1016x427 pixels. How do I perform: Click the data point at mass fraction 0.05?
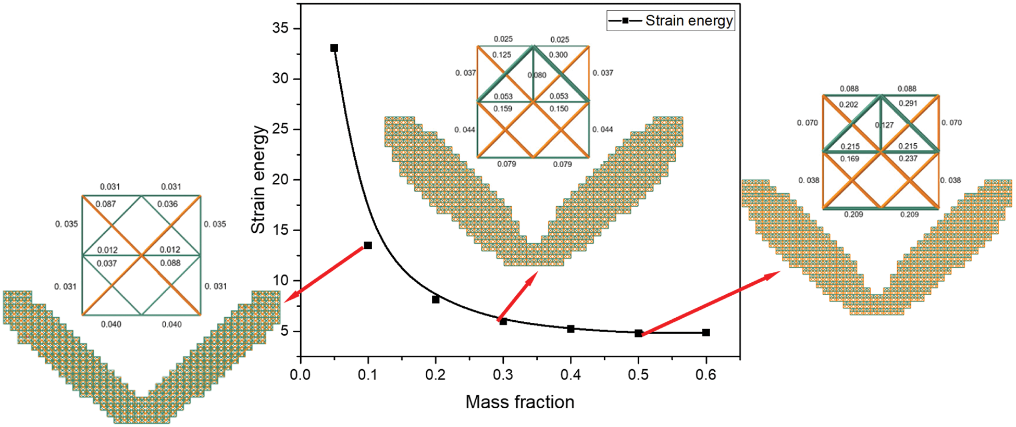[x=334, y=48]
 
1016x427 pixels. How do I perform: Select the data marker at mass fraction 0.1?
[x=368, y=245]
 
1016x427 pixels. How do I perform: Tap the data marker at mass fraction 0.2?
[x=436, y=299]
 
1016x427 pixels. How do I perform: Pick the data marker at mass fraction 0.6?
[x=706, y=332]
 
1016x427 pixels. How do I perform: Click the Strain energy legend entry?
[x=671, y=21]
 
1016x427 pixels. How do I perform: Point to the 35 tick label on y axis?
[x=280, y=28]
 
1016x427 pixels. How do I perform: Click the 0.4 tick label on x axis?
[x=571, y=375]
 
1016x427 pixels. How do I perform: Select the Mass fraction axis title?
[x=519, y=402]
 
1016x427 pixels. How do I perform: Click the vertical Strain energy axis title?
[x=258, y=180]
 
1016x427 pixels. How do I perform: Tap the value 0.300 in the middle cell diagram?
[x=558, y=55]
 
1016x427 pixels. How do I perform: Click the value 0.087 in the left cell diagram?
[x=106, y=204]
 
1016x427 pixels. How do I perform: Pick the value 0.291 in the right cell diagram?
[x=908, y=104]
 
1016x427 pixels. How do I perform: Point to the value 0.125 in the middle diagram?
[x=502, y=55]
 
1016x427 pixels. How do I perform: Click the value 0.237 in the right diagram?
[x=908, y=158]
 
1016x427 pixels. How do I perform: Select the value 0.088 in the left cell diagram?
[x=170, y=263]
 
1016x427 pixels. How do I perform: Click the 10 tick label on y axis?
[x=280, y=281]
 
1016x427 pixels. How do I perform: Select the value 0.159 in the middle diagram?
[x=503, y=109]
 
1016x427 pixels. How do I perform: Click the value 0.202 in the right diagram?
[x=848, y=105]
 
